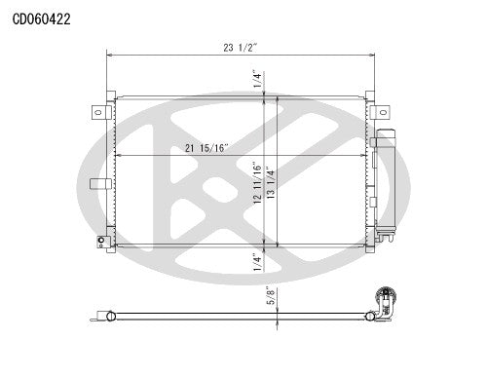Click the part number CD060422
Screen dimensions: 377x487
point(41,17)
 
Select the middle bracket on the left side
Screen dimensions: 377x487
point(96,183)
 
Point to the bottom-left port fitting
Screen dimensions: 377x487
point(101,241)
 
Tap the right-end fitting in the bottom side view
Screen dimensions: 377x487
point(384,296)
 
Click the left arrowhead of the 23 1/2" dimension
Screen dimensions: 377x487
point(109,56)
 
